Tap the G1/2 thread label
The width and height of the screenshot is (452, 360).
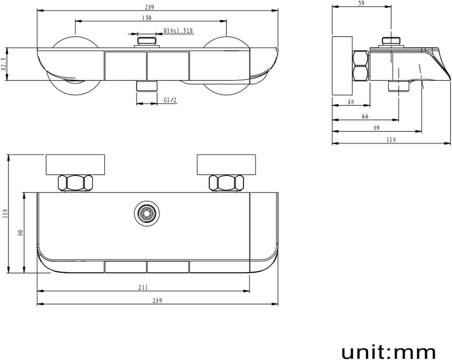click(170, 100)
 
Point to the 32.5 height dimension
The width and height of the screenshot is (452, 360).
click(4, 64)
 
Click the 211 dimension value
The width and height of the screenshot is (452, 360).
click(143, 287)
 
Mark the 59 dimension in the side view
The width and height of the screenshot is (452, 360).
click(361, 4)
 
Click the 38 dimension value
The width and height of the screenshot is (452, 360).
click(351, 101)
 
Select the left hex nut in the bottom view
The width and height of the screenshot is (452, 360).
click(75, 183)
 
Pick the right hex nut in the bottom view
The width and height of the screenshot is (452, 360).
click(226, 183)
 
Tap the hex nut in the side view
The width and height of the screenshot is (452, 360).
click(361, 65)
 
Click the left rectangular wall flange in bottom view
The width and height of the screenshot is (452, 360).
click(76, 165)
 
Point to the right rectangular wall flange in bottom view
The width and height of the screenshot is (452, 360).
click(226, 165)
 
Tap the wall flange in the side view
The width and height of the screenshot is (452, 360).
click(343, 65)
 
